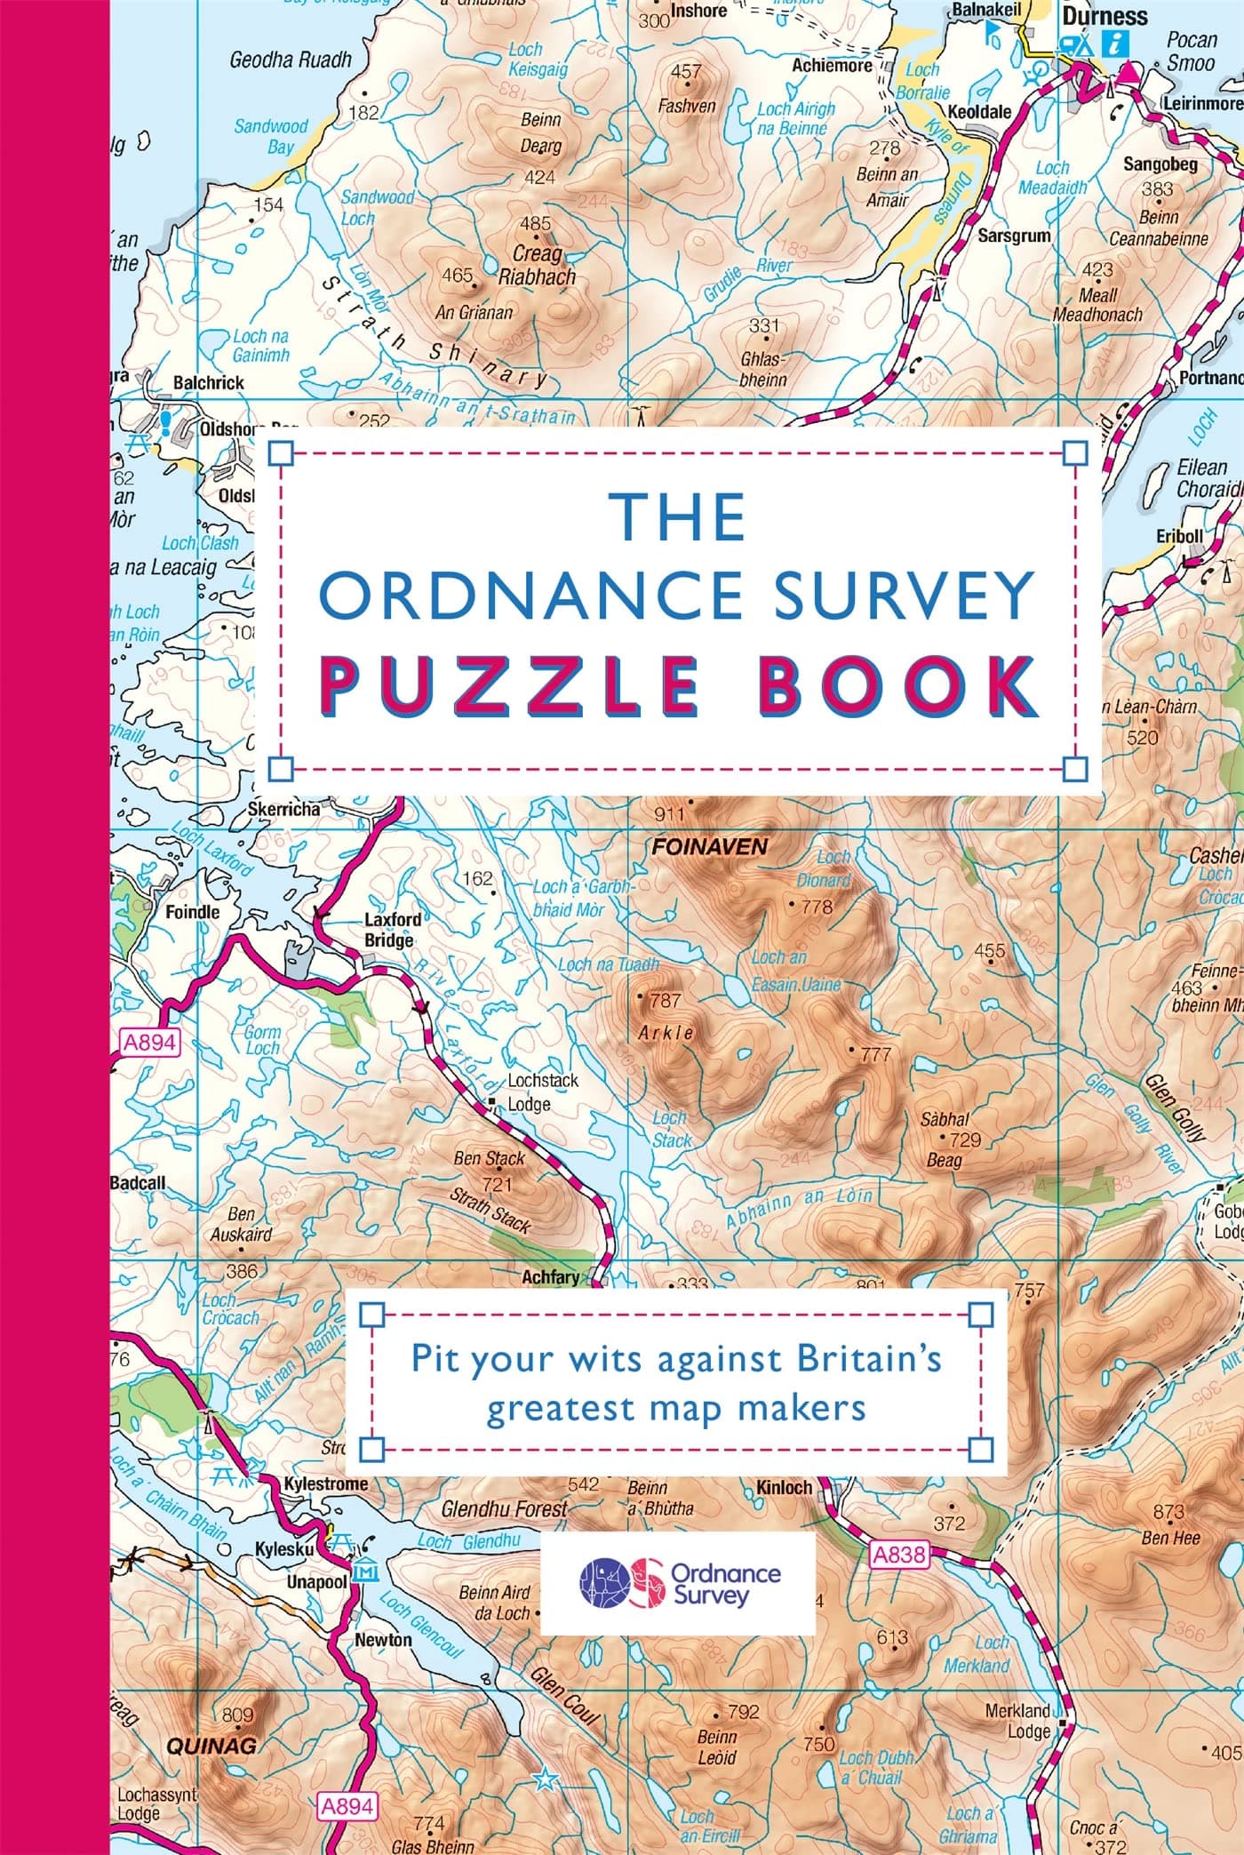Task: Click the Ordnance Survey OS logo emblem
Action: tap(621, 1582)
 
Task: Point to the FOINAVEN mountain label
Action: tap(709, 847)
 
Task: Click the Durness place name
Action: tap(1105, 16)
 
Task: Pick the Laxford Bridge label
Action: tap(392, 930)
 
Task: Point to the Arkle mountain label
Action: tap(666, 1033)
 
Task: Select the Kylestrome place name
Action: tap(325, 1483)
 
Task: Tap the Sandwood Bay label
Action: tap(272, 136)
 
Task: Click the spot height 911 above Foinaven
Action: tap(668, 814)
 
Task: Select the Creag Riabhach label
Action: tap(536, 265)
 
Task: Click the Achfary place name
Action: tap(550, 1277)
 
